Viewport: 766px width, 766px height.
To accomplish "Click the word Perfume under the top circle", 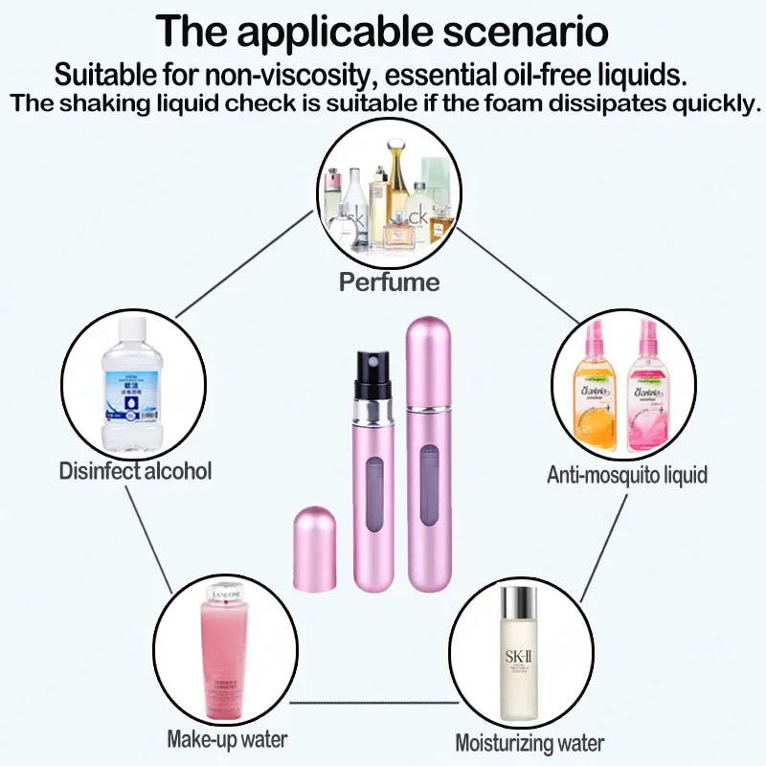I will click(x=389, y=282).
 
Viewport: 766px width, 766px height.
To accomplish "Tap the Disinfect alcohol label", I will click(x=135, y=471).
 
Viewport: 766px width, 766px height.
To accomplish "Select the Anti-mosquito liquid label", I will click(x=627, y=474).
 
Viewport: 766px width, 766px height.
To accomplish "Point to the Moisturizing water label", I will click(x=529, y=743).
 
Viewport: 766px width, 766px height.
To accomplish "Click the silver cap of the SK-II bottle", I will click(x=519, y=602).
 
